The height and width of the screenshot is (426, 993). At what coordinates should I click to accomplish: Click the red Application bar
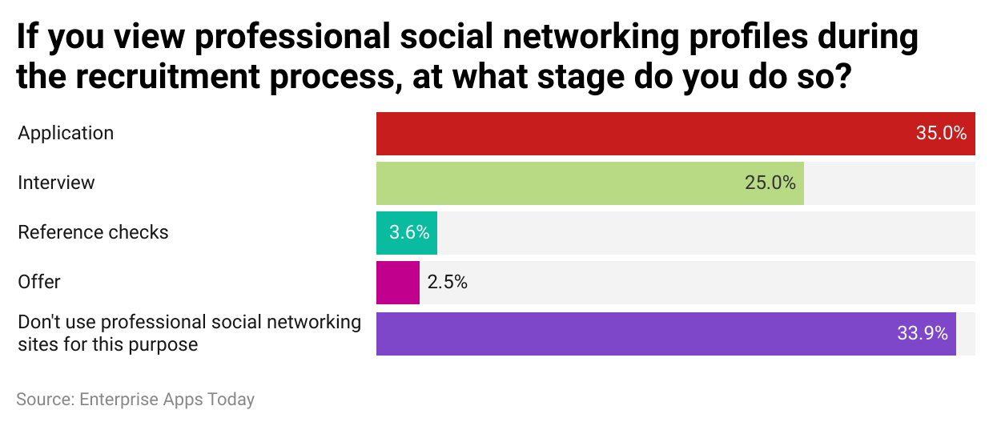[676, 134]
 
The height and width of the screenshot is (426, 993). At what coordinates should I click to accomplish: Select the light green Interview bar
[590, 183]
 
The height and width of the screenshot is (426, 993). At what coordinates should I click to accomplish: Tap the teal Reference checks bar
[407, 233]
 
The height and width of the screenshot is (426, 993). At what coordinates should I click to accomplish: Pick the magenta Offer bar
[398, 283]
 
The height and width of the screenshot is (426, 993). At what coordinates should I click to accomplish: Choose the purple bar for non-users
[665, 334]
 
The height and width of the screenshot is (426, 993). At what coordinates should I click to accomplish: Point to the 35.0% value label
[941, 134]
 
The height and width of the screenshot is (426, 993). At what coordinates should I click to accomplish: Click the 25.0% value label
[770, 183]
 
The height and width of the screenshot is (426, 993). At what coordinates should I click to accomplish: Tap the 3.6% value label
[409, 233]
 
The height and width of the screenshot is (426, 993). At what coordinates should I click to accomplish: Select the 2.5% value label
[448, 283]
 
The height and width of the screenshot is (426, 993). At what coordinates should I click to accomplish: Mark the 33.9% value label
[922, 333]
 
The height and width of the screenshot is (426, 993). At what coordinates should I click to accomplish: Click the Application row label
[66, 134]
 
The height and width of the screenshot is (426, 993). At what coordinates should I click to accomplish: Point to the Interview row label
[56, 183]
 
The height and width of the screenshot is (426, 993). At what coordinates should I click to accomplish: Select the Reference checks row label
[93, 233]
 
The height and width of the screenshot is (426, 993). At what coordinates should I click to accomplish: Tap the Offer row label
[39, 282]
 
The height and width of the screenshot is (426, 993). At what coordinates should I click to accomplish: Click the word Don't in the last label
[38, 322]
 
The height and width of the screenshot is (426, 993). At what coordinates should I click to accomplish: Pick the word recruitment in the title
[167, 76]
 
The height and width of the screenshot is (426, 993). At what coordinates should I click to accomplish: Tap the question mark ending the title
[842, 75]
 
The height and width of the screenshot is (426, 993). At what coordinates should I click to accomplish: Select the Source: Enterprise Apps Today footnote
[135, 400]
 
